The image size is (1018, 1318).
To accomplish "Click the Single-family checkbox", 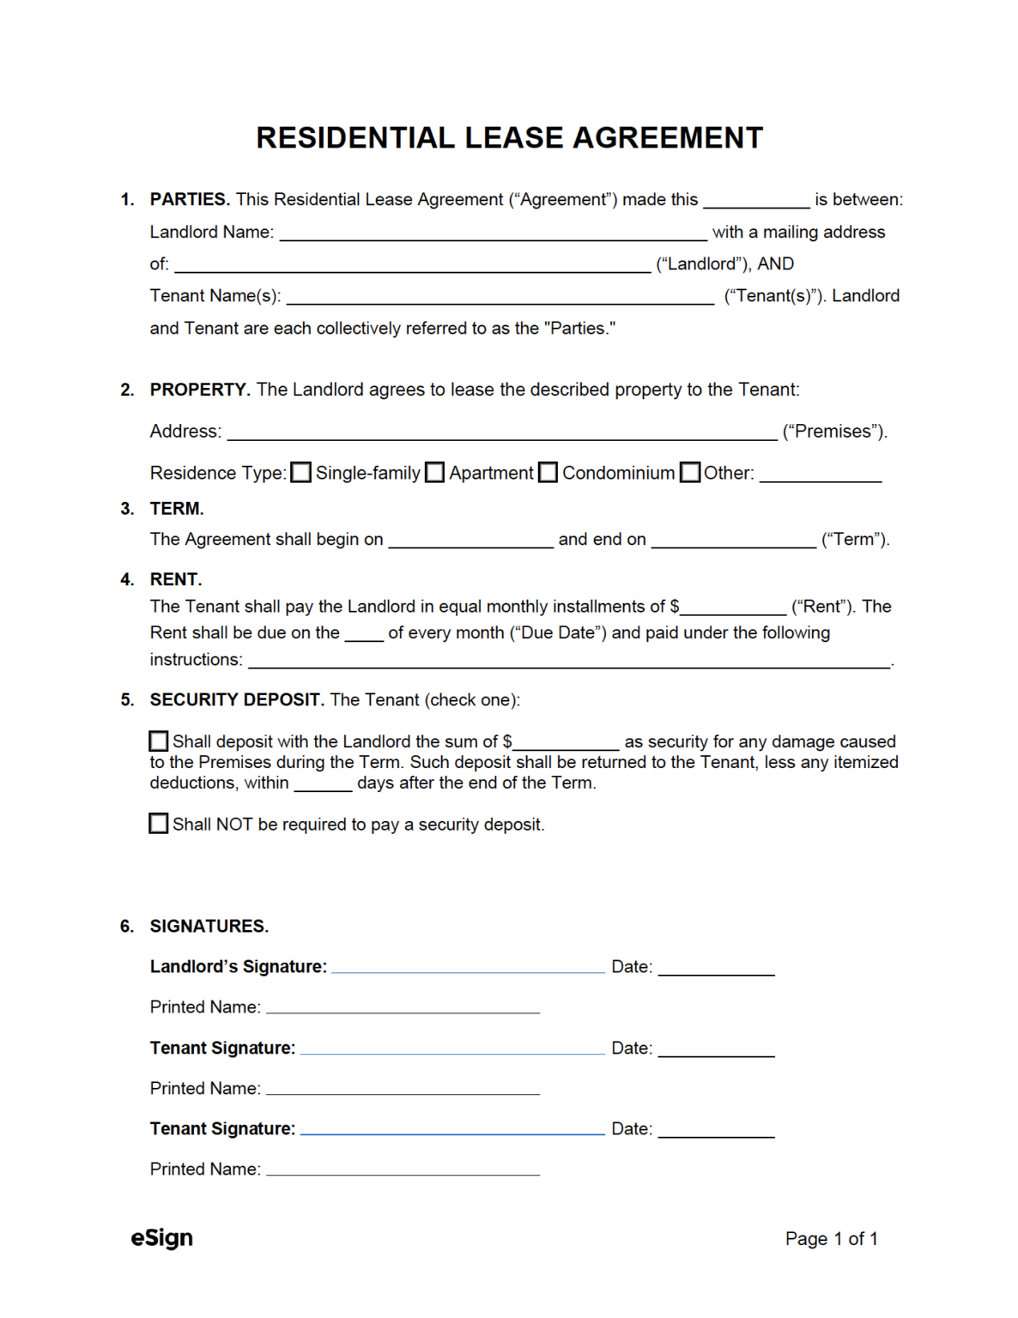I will click(300, 473).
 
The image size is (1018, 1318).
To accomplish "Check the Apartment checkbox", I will click(435, 473).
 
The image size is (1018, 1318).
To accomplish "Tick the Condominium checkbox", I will click(548, 473).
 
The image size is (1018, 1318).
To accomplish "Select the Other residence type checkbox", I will click(690, 473).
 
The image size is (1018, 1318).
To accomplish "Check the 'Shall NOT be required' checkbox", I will click(159, 824).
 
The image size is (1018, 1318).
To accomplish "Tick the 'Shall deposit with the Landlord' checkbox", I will click(159, 741).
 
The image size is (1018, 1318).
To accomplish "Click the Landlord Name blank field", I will click(493, 233).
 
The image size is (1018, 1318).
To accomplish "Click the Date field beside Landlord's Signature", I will click(716, 968).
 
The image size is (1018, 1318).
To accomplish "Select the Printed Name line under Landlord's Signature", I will click(403, 1007).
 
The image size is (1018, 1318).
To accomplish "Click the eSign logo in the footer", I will click(161, 1238).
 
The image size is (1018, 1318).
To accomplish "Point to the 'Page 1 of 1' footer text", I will click(831, 1239).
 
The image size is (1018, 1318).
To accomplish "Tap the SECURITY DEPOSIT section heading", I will click(236, 700).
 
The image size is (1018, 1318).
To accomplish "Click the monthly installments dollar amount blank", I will click(733, 608).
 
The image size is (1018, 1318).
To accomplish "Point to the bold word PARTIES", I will click(190, 200).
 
